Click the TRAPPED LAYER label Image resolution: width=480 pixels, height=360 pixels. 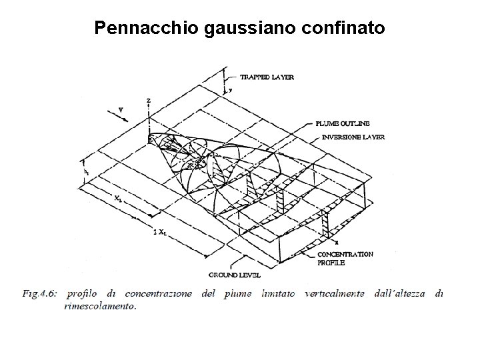[x=267, y=77]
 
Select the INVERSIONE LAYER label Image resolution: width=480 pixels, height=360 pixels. [x=353, y=137]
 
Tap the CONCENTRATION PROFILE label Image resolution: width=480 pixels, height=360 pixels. [x=345, y=259]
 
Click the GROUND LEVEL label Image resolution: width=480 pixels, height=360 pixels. [x=235, y=275]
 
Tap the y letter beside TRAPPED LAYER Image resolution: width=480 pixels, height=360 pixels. [x=230, y=88]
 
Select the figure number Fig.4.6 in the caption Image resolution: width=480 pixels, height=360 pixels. [x=39, y=294]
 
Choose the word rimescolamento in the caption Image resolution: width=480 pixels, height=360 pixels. [x=101, y=307]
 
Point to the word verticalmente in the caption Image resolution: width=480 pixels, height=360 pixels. [x=336, y=294]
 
